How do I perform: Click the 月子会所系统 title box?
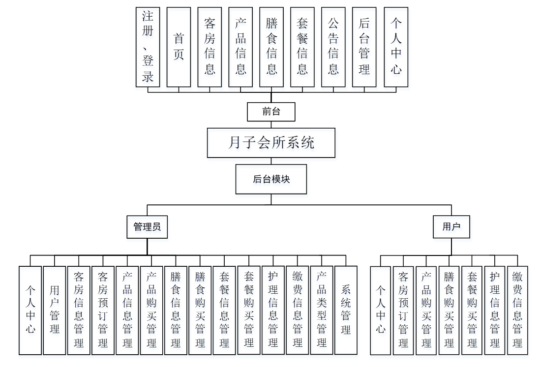point(271,143)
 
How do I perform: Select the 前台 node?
point(271,112)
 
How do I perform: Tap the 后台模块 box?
point(271,179)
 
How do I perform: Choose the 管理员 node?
point(147,227)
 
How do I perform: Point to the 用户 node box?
point(451,227)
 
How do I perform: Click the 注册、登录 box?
point(148,47)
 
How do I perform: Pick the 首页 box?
point(179,47)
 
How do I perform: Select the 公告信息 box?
point(333,47)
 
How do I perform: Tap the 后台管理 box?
point(364,47)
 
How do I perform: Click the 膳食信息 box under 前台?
point(271,47)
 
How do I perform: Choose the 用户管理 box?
point(54,310)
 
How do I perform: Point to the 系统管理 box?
point(346,310)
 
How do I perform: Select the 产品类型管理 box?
point(322,310)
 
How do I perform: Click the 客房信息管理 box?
point(79,310)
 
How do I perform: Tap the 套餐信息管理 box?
point(224,310)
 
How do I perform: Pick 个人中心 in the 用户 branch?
point(380,310)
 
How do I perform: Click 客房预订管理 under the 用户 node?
point(403,310)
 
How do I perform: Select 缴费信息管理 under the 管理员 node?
point(297,310)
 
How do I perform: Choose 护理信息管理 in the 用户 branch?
point(495,310)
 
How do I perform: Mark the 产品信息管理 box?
point(127,310)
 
